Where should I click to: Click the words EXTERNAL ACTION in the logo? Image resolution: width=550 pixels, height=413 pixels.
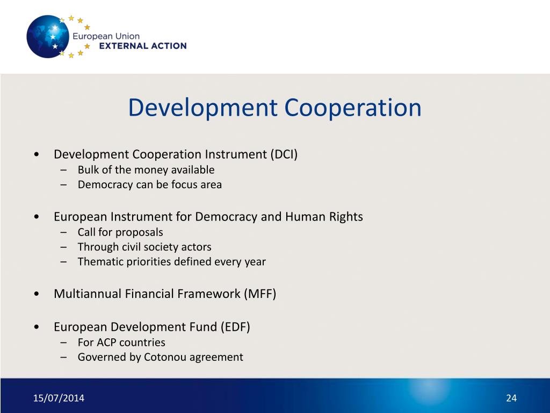pyautogui.click(x=143, y=46)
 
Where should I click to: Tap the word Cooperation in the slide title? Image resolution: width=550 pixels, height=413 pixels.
pyautogui.click(x=353, y=108)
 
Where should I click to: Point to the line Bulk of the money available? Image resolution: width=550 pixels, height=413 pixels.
pyautogui.click(x=146, y=170)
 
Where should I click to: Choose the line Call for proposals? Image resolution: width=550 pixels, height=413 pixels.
pyautogui.click(x=120, y=232)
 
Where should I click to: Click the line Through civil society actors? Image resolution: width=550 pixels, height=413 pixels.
pyautogui.click(x=144, y=247)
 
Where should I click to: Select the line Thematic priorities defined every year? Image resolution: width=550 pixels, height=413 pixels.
pyautogui.click(x=171, y=262)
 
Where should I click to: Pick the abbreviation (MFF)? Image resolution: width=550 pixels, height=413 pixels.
pyautogui.click(x=260, y=294)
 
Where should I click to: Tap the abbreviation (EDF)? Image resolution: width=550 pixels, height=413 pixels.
pyautogui.click(x=234, y=327)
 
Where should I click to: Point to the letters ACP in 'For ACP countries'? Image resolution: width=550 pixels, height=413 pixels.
pyautogui.click(x=106, y=343)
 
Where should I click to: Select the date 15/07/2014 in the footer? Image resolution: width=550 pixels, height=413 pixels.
pyautogui.click(x=59, y=398)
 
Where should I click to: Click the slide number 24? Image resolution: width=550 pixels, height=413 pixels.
pyautogui.click(x=511, y=398)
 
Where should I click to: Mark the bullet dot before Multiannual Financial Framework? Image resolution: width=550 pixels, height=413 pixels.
pyautogui.click(x=35, y=294)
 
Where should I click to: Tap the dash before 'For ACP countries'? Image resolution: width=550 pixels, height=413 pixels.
pyautogui.click(x=64, y=343)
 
